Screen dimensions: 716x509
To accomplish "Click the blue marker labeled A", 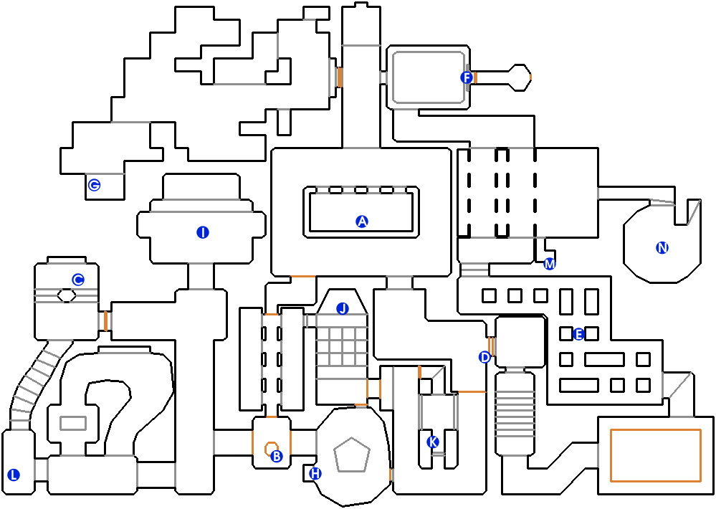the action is click(x=362, y=222).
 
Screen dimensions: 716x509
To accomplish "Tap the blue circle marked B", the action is click(x=276, y=456).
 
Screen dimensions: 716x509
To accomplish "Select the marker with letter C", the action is click(x=78, y=280).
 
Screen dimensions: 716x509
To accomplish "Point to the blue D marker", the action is click(x=485, y=357).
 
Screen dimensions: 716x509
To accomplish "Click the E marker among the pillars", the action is click(x=578, y=335).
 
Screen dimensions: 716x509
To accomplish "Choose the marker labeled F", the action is click(x=466, y=77).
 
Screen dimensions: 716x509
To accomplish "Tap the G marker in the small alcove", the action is click(x=94, y=185).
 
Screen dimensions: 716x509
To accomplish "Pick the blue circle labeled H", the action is click(x=315, y=474).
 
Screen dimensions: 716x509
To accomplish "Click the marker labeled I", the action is click(x=203, y=232).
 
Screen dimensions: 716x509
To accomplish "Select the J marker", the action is click(x=343, y=309).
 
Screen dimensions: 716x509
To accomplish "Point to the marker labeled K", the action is click(x=432, y=442).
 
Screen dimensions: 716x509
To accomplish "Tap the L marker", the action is click(x=14, y=475).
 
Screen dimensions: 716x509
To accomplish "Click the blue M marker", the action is click(x=549, y=264).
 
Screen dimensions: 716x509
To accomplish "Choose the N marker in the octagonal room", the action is click(x=662, y=247).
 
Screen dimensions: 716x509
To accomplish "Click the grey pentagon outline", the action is click(x=352, y=455).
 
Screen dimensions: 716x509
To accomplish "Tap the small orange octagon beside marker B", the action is click(x=271, y=449).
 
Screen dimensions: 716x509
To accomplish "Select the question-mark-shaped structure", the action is click(x=108, y=416).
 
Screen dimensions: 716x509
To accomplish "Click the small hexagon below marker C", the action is click(x=67, y=295).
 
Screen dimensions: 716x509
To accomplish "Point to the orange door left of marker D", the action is click(x=492, y=346).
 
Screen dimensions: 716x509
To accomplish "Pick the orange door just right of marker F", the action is click(x=475, y=77).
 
